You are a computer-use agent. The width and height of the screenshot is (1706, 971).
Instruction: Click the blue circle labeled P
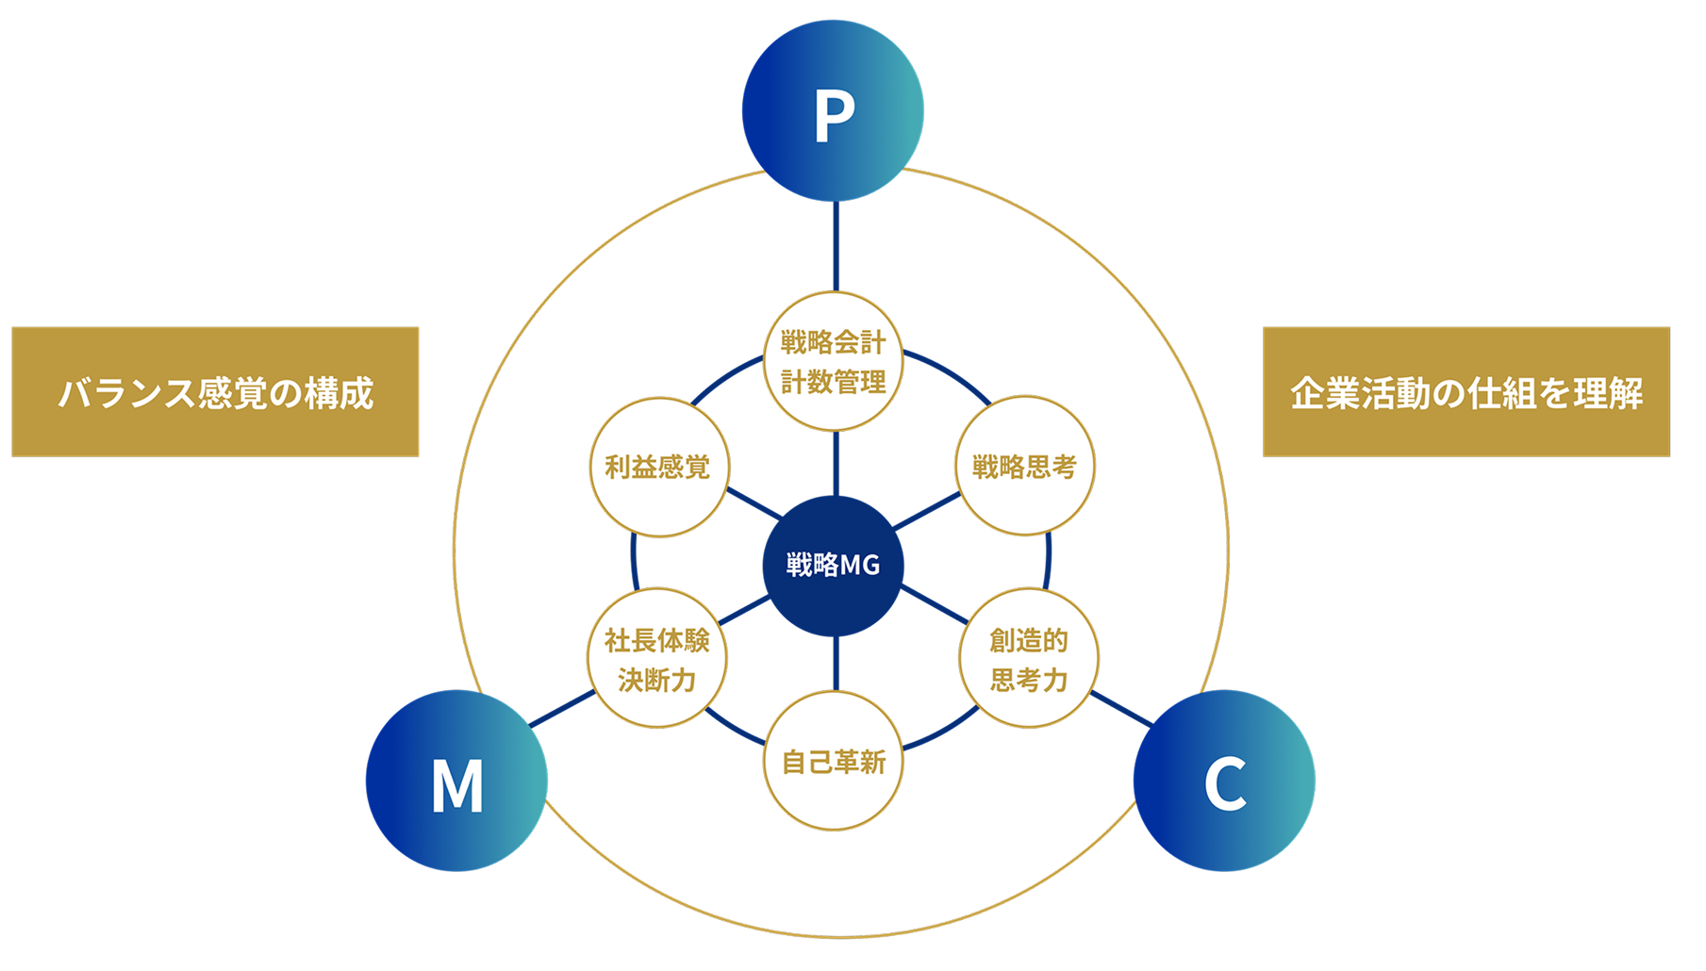(x=833, y=111)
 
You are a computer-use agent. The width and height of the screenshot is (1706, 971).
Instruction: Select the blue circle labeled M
(x=456, y=781)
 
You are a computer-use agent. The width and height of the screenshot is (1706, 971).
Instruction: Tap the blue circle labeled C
(x=1224, y=781)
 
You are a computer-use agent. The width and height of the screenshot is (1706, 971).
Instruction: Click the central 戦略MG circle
(x=833, y=565)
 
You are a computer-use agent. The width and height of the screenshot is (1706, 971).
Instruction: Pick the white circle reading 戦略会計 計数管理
(x=833, y=361)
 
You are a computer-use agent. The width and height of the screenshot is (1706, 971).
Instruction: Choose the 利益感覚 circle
(x=657, y=467)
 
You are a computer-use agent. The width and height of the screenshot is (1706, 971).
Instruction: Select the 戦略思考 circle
(x=1024, y=467)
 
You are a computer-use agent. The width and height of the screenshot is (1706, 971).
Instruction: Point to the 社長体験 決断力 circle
(x=657, y=659)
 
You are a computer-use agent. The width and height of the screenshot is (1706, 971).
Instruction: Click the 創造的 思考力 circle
(x=1028, y=659)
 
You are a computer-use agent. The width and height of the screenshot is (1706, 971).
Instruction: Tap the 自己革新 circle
(x=834, y=762)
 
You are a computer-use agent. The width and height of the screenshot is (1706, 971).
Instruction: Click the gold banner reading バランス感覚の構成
(x=215, y=392)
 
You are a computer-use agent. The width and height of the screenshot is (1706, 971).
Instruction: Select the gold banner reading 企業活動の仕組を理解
(x=1466, y=392)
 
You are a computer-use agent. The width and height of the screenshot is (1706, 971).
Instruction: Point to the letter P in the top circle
(x=834, y=115)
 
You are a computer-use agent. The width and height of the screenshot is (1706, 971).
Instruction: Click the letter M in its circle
(x=457, y=784)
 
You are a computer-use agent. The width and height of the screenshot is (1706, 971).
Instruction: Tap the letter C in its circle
(x=1225, y=783)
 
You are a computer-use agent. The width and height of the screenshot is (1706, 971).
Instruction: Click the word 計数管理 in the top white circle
(x=834, y=383)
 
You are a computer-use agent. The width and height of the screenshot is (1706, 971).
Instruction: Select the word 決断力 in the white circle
(x=657, y=680)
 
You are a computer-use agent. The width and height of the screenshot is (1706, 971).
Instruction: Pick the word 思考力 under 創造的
(x=1028, y=680)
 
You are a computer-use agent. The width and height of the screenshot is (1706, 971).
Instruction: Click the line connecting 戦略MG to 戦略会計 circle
(x=834, y=463)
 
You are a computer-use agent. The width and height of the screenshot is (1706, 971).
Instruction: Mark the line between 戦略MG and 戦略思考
(x=927, y=510)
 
